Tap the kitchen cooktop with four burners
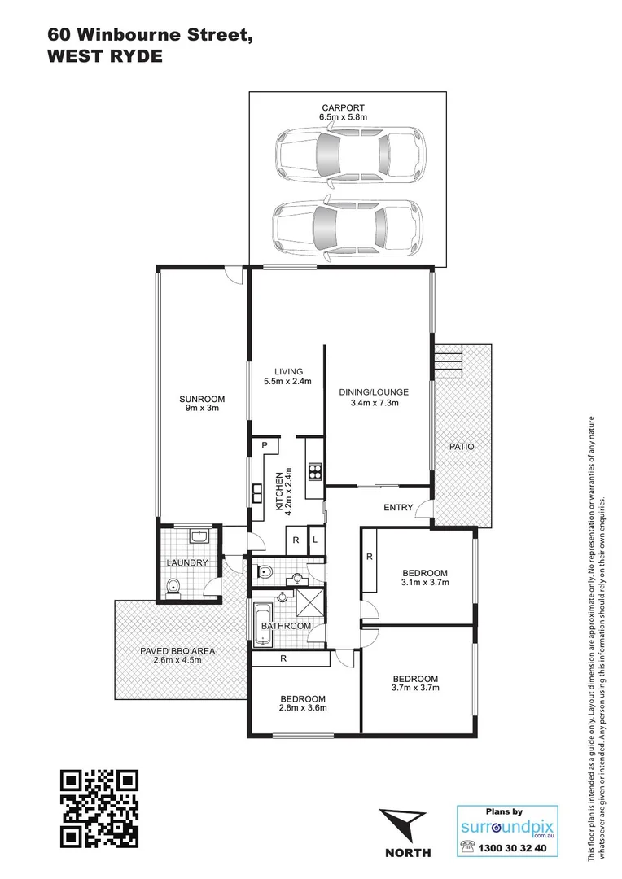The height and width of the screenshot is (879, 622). click(314, 471)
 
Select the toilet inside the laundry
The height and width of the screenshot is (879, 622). click(173, 588)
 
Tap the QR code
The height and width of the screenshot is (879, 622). click(100, 807)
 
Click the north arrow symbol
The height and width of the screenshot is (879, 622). click(405, 824)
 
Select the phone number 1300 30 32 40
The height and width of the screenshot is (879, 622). click(515, 847)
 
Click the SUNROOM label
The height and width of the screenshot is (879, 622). click(202, 399)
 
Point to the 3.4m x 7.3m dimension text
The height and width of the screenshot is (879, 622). click(374, 403)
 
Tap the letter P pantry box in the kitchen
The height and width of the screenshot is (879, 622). click(265, 445)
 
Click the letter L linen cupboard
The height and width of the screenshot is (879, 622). click(316, 540)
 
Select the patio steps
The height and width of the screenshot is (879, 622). click(448, 360)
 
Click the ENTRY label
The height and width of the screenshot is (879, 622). click(399, 509)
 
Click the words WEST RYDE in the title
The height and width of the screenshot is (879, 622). click(105, 57)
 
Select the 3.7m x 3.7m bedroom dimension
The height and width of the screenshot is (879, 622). click(415, 689)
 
